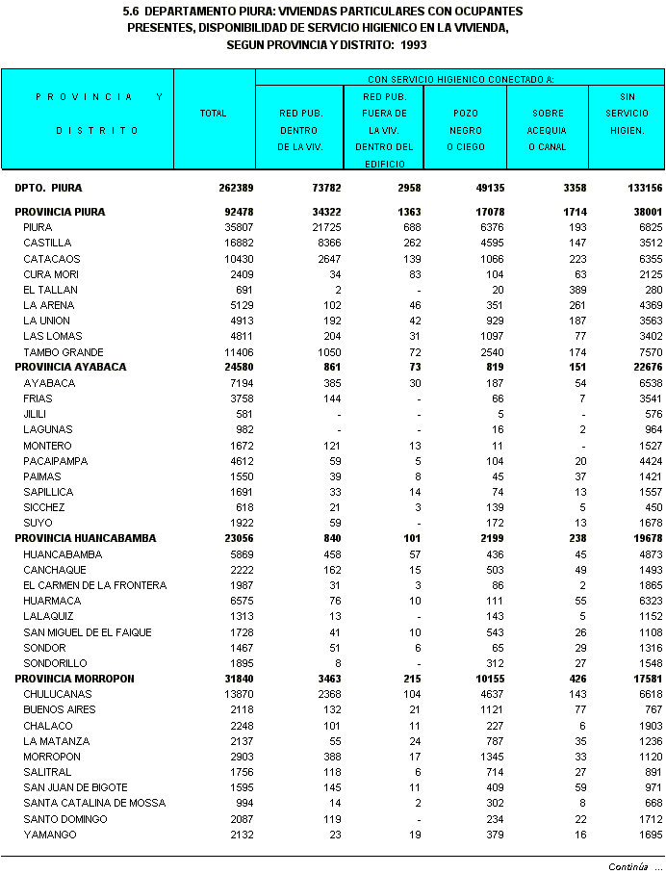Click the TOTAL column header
click(213, 114)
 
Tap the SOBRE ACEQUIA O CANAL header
click(548, 130)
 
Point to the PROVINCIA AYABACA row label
click(70, 368)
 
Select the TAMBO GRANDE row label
click(64, 352)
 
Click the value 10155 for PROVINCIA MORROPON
click(471, 679)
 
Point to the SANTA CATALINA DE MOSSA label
click(94, 803)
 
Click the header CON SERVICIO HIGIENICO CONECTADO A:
click(460, 78)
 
